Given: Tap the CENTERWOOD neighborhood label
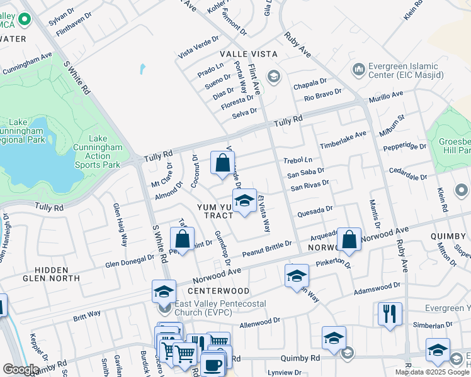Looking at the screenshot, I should click(218, 291).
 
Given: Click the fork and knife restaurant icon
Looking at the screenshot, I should click(390, 313).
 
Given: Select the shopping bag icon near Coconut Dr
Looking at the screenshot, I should click(222, 163).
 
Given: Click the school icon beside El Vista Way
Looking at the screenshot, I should click(244, 201).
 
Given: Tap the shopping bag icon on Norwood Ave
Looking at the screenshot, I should click(349, 239).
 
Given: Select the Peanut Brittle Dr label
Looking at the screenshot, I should click(268, 247).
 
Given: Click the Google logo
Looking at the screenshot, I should click(21, 369).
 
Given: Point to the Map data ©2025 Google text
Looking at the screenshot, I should click(432, 372).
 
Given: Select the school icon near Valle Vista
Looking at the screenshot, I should click(273, 77).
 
